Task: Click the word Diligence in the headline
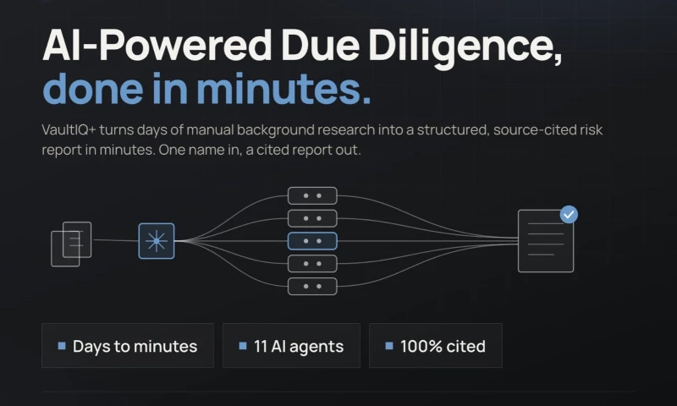pos(465,47)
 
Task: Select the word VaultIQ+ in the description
pos(69,130)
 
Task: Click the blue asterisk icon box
pos(157,241)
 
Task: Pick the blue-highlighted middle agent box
pos(312,241)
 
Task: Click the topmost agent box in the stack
pos(312,195)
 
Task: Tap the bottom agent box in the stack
pos(312,287)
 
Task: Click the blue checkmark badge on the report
pos(569,215)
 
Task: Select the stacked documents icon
pos(71,244)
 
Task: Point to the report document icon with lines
pos(546,241)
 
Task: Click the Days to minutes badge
pos(128,346)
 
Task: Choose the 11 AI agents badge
pos(291,346)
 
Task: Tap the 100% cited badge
pos(436,346)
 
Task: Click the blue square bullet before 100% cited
pos(389,346)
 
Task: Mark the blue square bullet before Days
pos(62,346)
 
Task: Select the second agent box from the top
pos(312,218)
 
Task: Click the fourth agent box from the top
pos(312,264)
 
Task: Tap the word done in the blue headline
pos(93,89)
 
